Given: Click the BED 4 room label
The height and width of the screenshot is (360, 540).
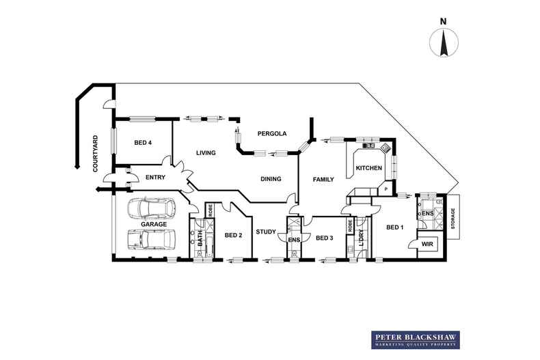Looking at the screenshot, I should (x=142, y=143).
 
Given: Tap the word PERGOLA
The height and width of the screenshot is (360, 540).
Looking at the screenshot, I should (x=271, y=133).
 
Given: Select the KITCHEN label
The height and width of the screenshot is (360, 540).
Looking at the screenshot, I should (x=368, y=167).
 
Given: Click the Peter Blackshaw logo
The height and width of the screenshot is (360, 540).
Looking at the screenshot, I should (x=415, y=340).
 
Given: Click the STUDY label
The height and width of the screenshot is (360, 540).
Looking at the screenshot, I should (x=265, y=232).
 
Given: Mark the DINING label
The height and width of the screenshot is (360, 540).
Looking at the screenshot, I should (x=271, y=179).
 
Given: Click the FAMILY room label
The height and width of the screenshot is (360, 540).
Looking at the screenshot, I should (x=323, y=180).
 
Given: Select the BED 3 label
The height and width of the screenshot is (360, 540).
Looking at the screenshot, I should (x=325, y=238).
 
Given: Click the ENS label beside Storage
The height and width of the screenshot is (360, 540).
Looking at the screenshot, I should (x=428, y=214).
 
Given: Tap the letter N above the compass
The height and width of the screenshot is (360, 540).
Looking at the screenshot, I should (x=443, y=21).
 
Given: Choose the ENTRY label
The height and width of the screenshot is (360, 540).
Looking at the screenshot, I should (x=156, y=178).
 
